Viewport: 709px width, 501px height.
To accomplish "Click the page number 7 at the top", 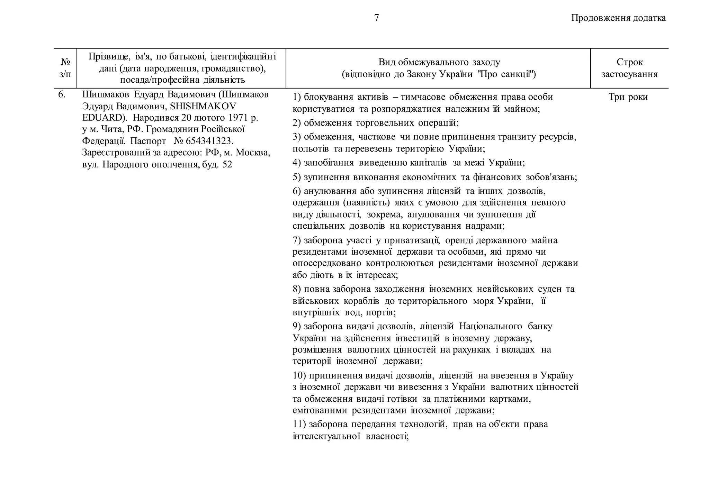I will pos(377,18).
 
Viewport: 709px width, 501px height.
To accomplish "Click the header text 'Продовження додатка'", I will pos(618,18).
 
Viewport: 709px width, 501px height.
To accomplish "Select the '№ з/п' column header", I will pos(65,68).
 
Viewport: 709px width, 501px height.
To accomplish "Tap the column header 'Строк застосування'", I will pos(629,68).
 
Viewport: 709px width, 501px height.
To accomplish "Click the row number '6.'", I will pos(62,94).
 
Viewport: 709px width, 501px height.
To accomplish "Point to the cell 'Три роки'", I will pos(628,97).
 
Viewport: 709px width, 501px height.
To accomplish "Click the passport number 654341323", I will pos(209,141).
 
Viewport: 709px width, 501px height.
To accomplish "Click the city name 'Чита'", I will pos(110,129).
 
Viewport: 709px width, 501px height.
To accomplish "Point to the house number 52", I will pos(227,164).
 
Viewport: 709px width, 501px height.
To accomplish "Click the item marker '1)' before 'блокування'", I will pos(297,97).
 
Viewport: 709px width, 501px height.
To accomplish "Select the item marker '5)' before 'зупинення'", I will pos(297,177).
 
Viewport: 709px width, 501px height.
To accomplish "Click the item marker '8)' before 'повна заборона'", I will pos(297,289).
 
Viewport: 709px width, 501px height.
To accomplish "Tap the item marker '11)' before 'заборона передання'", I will pos(299,424).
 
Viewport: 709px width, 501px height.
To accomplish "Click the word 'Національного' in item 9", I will pos(491,326).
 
